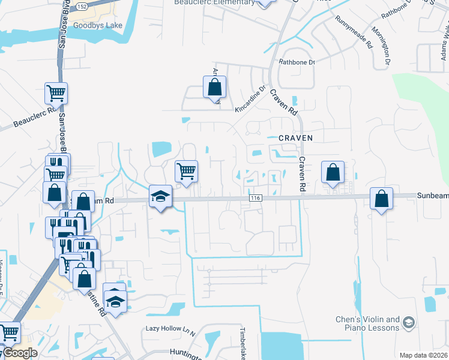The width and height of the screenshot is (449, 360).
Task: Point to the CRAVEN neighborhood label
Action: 296,138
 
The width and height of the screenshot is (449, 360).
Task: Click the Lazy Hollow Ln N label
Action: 171,329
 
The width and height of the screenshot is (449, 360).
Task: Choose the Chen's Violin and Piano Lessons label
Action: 367,324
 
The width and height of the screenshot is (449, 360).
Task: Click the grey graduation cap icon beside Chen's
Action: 409,323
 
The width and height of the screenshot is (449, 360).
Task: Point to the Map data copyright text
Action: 423,355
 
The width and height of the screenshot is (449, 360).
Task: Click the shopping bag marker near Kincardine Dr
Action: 214,88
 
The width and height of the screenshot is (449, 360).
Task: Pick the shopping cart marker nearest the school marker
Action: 186,171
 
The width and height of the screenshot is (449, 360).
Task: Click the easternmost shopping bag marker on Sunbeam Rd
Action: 381,198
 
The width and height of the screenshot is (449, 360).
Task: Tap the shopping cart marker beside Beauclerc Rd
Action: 56,94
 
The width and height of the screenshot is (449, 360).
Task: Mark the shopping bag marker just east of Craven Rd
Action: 333,173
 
